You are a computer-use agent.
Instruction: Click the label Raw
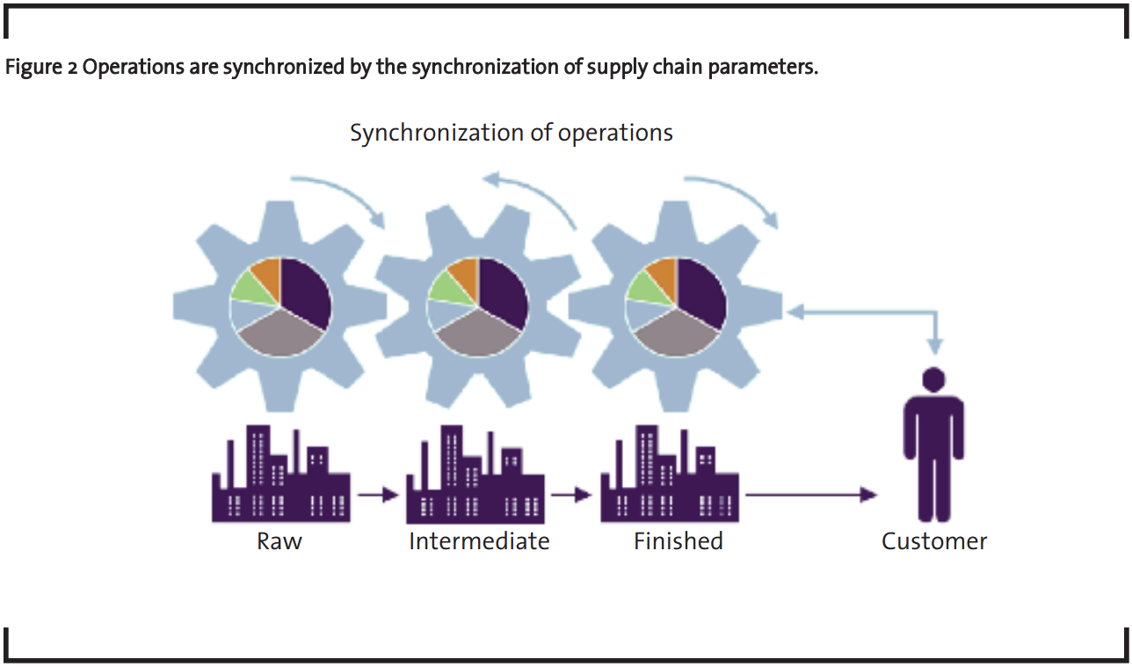click(279, 541)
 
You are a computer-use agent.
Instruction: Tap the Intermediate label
click(479, 541)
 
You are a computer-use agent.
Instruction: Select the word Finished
click(678, 541)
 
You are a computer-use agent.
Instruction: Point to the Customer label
click(934, 541)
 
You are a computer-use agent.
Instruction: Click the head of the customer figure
click(933, 379)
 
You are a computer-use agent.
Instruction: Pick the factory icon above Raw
click(281, 474)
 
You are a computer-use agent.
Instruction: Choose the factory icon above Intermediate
click(475, 474)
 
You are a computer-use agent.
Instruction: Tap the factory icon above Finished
click(670, 474)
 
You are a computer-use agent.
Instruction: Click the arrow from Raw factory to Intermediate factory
click(378, 495)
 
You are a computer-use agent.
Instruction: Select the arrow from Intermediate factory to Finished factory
click(571, 495)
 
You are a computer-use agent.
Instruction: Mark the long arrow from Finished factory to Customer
click(811, 495)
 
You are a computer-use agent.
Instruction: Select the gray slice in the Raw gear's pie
click(280, 335)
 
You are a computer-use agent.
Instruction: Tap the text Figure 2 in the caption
click(41, 67)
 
